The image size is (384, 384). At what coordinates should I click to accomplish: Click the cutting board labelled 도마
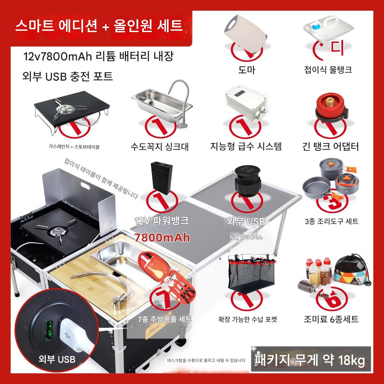click(246, 34)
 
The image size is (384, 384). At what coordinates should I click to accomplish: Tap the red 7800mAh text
click(162, 237)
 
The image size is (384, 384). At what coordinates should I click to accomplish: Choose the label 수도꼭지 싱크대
click(160, 147)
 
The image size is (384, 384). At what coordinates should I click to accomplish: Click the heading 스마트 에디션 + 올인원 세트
click(99, 25)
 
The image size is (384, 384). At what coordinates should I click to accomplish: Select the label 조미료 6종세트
click(331, 319)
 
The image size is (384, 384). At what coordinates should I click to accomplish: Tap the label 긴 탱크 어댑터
click(331, 147)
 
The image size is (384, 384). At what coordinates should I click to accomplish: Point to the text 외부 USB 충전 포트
click(67, 76)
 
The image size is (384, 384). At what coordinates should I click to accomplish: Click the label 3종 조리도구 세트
click(332, 221)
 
